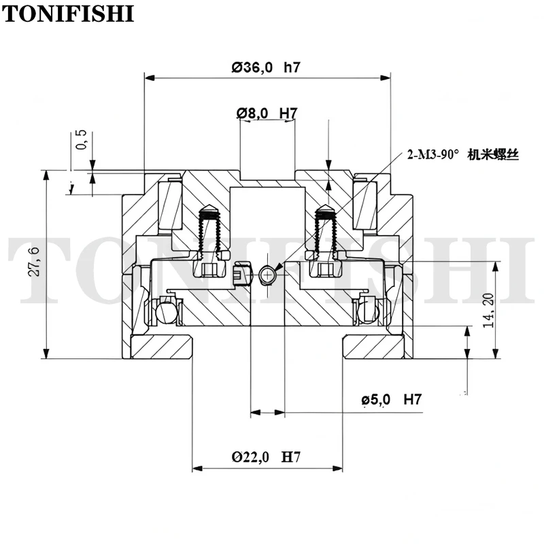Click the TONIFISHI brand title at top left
tap(68, 14)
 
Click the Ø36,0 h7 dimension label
tap(266, 67)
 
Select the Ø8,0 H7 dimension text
tap(267, 113)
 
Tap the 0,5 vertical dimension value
tap(81, 140)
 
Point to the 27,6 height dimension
tap(34, 262)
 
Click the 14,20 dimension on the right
tap(488, 310)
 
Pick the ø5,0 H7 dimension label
tap(392, 400)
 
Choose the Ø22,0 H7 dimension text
tap(266, 457)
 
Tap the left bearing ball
tap(165, 311)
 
